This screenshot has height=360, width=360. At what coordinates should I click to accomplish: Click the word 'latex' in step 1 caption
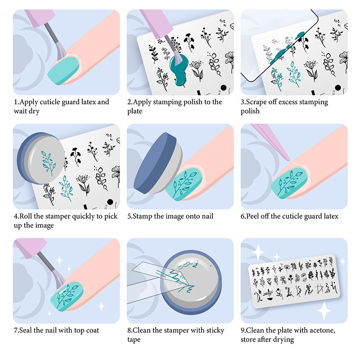(x=88, y=102)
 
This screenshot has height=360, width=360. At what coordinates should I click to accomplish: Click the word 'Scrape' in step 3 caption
(x=257, y=102)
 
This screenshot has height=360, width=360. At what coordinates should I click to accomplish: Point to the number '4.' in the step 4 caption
(x=16, y=216)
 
